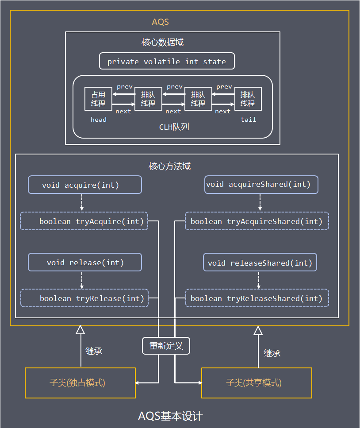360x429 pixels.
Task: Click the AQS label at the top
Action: point(160,22)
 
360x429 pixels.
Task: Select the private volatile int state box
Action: point(166,62)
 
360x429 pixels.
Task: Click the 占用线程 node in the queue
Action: point(98,99)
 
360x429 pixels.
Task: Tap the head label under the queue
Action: point(98,120)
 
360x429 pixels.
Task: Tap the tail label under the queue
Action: point(248,120)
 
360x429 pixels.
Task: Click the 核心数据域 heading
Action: point(162,43)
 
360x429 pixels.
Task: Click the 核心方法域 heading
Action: point(169,166)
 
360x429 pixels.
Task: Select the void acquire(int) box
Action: point(85,185)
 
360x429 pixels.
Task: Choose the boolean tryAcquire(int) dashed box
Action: point(84,221)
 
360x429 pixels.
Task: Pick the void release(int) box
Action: point(85,263)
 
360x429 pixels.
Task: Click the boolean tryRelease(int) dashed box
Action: point(84,298)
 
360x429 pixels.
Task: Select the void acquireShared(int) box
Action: point(262,184)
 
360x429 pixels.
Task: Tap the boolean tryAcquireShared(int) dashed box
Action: point(257,221)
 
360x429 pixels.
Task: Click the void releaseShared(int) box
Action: point(260,263)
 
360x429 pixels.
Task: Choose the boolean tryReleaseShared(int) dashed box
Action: point(257,298)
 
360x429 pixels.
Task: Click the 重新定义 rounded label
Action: point(166,346)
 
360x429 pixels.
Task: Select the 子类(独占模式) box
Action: point(80,383)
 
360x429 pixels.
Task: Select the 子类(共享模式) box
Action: point(257,383)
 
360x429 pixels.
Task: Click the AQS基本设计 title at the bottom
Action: point(171,416)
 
